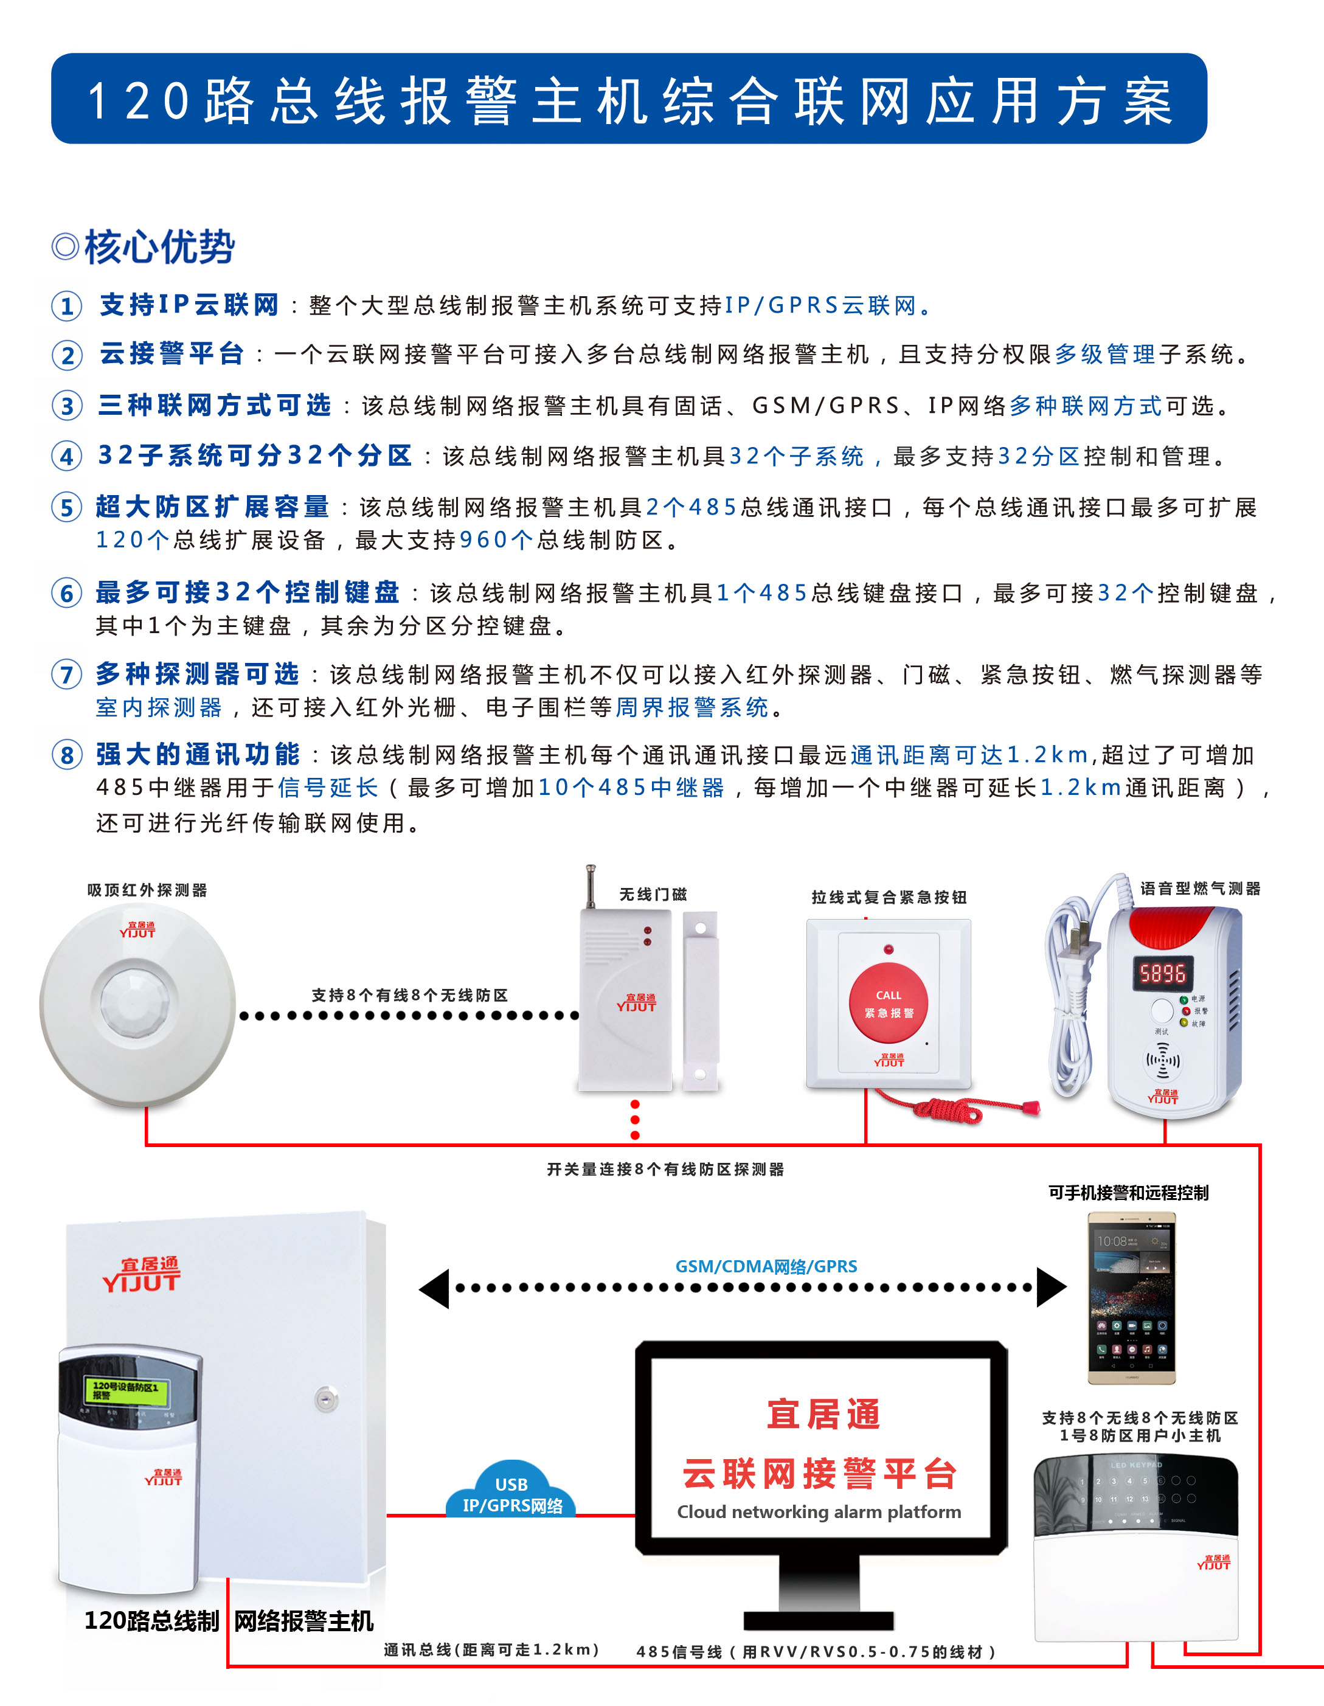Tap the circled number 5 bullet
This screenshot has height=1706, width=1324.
(66, 508)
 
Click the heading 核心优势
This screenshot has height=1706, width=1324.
(159, 248)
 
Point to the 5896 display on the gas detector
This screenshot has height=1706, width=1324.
(1162, 973)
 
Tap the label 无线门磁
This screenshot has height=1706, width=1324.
(653, 895)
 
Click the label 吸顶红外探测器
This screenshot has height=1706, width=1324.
(147, 890)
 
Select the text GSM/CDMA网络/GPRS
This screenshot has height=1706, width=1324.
(766, 1266)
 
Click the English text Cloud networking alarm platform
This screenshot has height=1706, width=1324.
(819, 1511)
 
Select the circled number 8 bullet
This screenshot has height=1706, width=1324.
(66, 755)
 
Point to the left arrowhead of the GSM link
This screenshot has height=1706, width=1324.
(434, 1288)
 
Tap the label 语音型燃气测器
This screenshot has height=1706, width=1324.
(1200, 889)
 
